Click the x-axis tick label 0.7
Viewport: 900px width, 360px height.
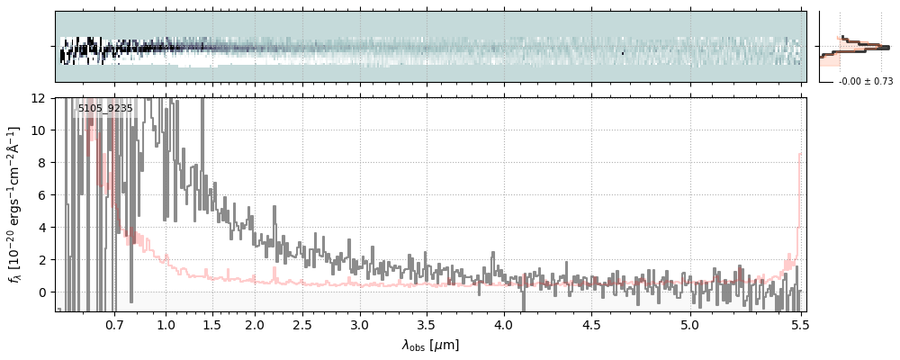114,325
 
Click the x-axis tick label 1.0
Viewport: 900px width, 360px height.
166,325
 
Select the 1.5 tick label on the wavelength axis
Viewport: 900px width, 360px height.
212,325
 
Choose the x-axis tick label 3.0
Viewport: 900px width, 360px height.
360,325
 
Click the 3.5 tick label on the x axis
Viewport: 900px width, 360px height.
428,325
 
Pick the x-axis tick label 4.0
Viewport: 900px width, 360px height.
503,325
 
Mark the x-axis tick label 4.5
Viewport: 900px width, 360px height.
591,325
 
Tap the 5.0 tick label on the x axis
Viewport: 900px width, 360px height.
689,325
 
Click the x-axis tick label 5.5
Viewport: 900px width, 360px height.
797,325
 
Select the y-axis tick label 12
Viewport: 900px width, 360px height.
40,97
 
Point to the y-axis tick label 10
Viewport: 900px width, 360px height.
40,130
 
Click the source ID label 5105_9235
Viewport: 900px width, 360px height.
105,109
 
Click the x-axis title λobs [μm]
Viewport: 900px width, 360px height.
430,345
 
